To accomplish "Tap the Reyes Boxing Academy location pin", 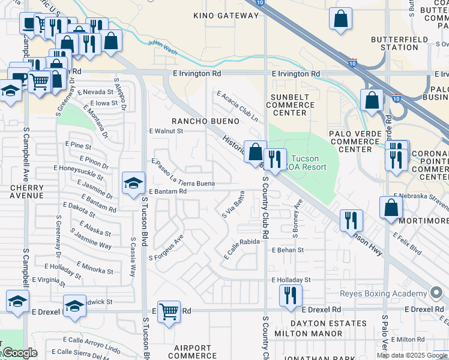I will [436, 293].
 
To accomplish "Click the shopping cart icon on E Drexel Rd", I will [169, 311].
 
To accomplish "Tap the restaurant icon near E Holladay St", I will [291, 295].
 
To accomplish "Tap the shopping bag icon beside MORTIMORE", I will [391, 208].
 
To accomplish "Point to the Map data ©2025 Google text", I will [412, 355].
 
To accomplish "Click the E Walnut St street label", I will [165, 131].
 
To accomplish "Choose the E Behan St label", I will [288, 250].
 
